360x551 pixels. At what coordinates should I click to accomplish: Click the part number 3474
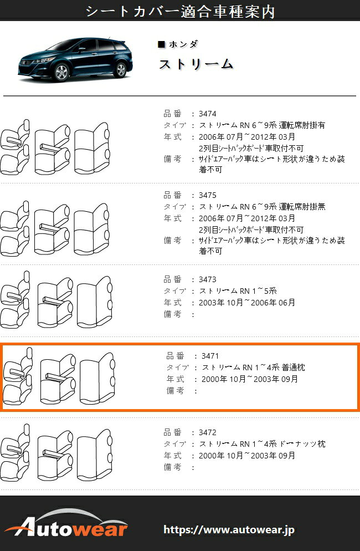click(x=207, y=114)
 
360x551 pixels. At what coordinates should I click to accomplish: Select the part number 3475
click(x=207, y=195)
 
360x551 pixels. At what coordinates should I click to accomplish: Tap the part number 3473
click(x=207, y=280)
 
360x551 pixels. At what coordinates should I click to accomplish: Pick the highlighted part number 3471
click(x=210, y=356)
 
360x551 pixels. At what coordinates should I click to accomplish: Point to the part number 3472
click(x=207, y=432)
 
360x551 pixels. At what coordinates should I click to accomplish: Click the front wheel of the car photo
click(x=61, y=72)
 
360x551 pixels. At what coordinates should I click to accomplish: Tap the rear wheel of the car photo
click(x=121, y=70)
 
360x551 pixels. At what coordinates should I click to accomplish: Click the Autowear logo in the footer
click(x=66, y=524)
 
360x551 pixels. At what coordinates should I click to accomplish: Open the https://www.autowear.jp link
click(x=229, y=530)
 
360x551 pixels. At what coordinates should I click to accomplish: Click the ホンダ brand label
click(x=183, y=44)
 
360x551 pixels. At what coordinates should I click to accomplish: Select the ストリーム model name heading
click(x=196, y=64)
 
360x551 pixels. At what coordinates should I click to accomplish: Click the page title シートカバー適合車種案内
click(x=180, y=11)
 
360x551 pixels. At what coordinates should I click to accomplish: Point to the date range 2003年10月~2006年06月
click(x=247, y=303)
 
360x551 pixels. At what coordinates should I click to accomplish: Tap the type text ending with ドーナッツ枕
click(x=263, y=444)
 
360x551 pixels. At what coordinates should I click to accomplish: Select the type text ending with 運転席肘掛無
click(x=263, y=207)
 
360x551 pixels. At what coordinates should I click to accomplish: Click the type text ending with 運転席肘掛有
click(x=263, y=125)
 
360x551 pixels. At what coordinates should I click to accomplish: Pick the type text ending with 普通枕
click(x=254, y=368)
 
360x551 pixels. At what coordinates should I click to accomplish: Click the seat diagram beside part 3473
click(x=56, y=300)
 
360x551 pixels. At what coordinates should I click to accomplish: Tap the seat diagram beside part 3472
click(x=56, y=452)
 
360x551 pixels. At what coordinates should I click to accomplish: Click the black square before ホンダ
click(x=162, y=44)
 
